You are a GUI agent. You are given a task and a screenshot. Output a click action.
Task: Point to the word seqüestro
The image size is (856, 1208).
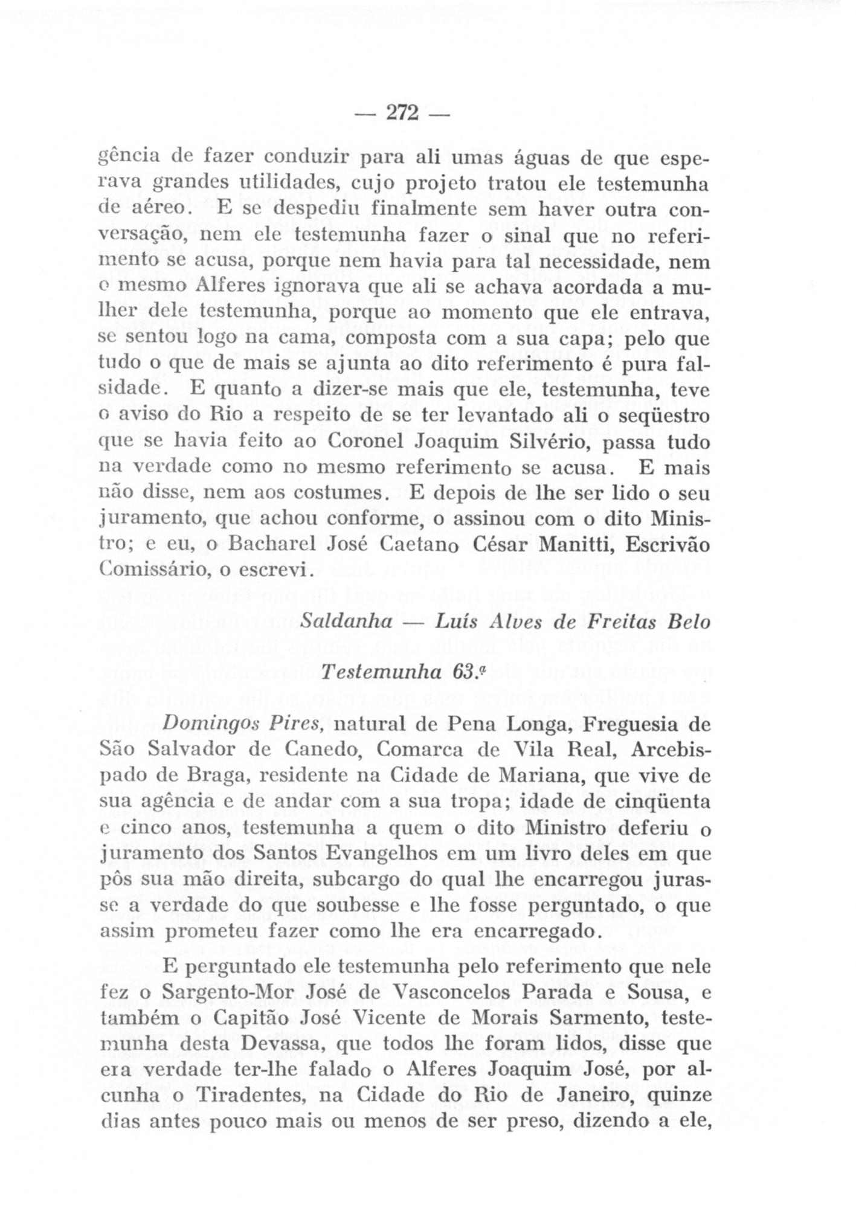coord(666,416)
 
